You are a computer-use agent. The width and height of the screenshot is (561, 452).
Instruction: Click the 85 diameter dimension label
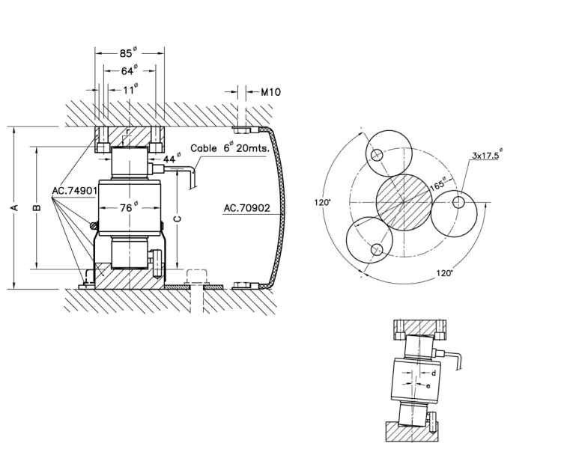pos(128,54)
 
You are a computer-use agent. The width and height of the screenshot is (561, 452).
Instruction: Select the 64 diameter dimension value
pos(129,71)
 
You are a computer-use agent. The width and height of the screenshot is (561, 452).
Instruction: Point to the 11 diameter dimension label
pos(129,89)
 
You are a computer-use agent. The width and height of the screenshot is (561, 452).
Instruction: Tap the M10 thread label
pos(270,93)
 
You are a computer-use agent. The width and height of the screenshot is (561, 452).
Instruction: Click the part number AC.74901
pos(74,191)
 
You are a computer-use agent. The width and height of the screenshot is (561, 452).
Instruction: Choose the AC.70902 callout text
pos(246,208)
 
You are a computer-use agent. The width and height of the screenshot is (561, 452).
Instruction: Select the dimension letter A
pos(14,208)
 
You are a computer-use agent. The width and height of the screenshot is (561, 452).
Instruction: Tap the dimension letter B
pos(37,208)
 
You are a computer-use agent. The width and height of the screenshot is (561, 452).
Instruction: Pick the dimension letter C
pos(177,219)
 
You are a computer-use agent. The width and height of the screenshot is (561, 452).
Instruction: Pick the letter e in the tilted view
pos(428,386)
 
